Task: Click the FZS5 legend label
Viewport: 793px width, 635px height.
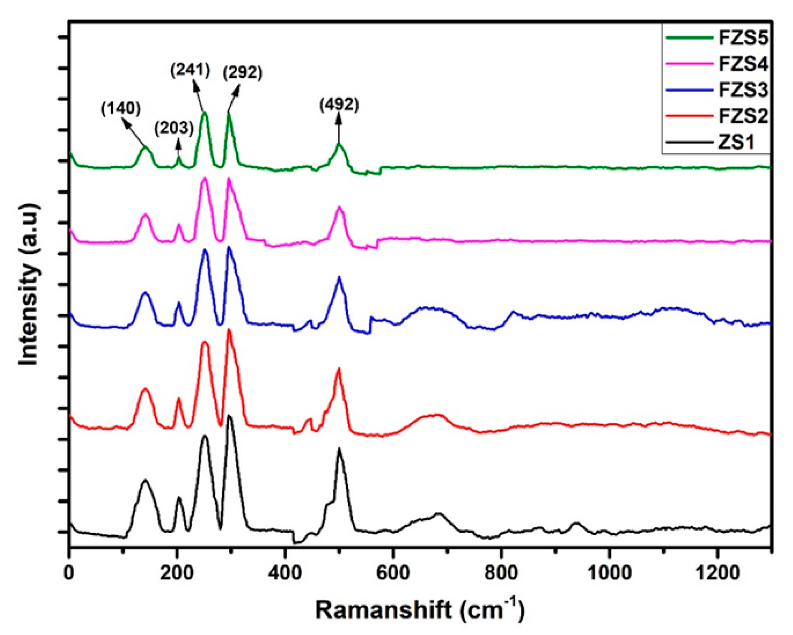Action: (743, 38)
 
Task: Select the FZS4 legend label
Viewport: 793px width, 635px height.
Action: (743, 64)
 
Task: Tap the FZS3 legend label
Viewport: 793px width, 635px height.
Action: (743, 90)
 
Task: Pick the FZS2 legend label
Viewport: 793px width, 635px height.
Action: (743, 116)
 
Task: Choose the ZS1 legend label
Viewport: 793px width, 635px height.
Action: (736, 143)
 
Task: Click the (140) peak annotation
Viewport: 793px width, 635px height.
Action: (121, 109)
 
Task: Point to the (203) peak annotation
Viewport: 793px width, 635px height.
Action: (174, 128)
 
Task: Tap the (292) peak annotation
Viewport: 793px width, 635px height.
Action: (243, 73)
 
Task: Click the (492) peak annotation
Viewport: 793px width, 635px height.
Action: (339, 104)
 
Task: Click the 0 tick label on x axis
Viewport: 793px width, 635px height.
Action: (69, 573)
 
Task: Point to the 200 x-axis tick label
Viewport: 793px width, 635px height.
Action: (177, 573)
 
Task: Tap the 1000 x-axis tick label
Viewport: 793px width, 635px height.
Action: (609, 573)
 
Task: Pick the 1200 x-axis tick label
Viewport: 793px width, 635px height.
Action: (717, 573)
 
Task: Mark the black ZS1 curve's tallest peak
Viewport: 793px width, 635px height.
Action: (229, 416)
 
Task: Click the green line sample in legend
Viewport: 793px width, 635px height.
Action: (689, 38)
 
